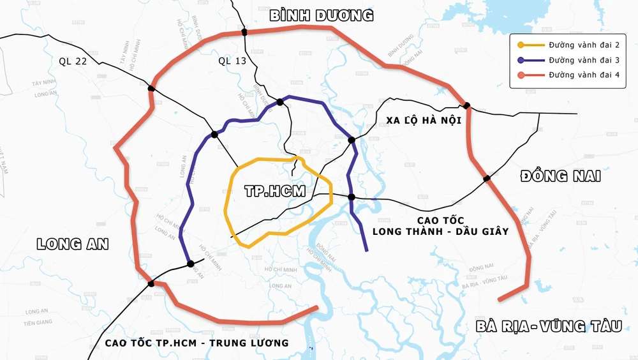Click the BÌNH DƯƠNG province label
click(321, 16)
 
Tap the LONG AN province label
click(73, 244)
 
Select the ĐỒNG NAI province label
click(560, 176)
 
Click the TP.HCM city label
click(275, 191)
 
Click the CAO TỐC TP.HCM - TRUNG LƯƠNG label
click(197, 343)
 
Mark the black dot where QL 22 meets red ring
click(151, 89)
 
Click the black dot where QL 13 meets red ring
click(244, 32)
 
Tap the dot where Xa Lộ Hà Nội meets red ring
click(467, 105)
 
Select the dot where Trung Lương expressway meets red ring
click(151, 283)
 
